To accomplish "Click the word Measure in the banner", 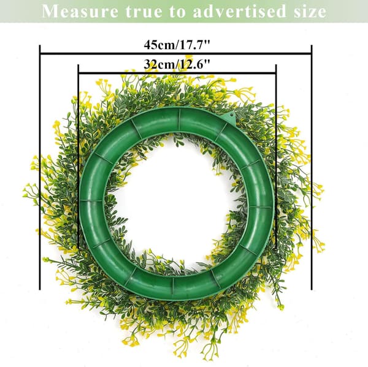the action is tap(80, 11).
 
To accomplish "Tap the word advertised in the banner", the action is tap(239, 11).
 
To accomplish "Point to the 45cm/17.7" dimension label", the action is tap(177, 45).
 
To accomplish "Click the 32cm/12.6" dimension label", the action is tap(177, 64).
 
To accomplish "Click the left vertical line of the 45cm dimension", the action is tap(40, 167).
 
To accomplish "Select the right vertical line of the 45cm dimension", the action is tap(312, 167).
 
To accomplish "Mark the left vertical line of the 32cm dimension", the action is tap(78, 156).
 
